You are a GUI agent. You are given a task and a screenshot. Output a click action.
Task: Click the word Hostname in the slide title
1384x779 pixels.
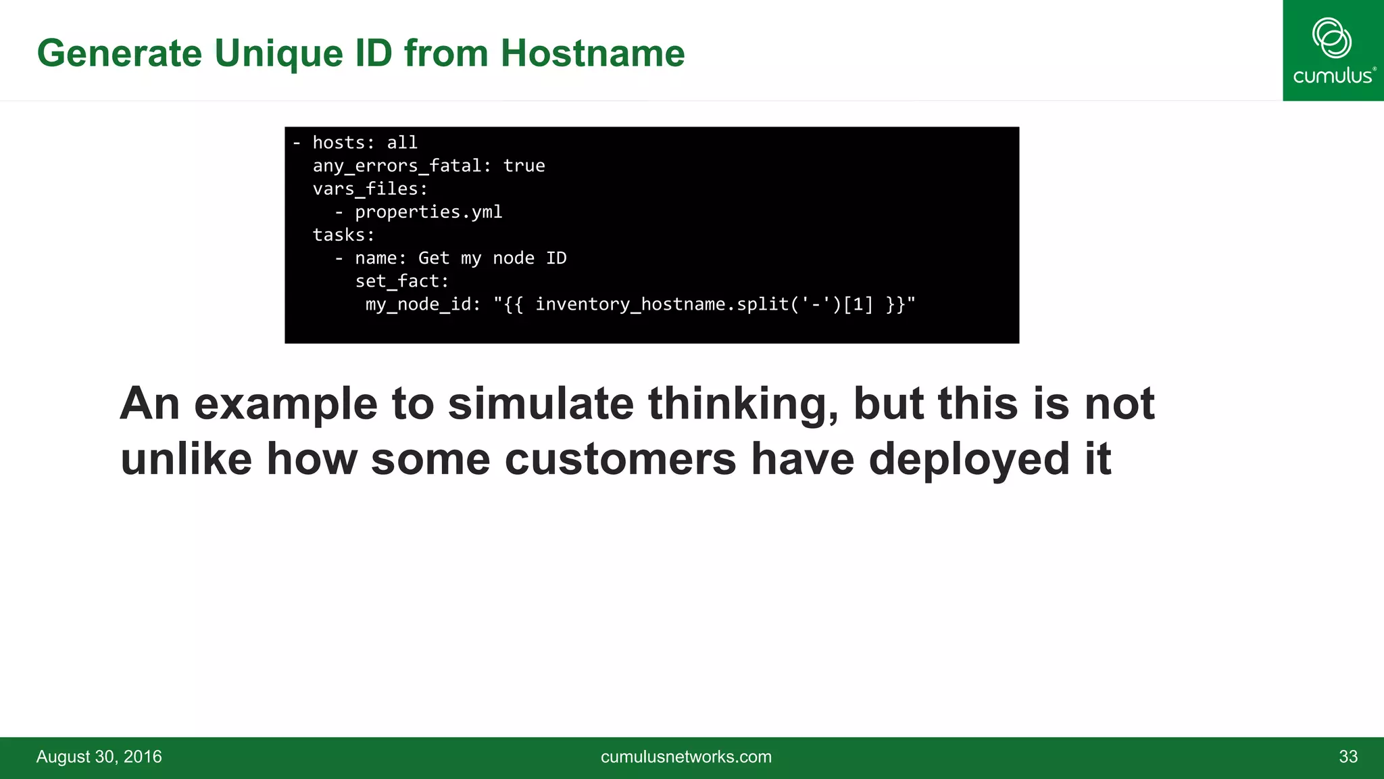pos(592,53)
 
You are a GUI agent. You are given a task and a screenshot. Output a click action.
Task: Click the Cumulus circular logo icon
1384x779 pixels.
pos(1331,38)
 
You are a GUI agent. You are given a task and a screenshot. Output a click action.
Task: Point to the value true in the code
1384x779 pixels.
pos(524,166)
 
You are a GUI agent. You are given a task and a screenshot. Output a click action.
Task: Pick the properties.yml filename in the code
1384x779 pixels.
pos(428,212)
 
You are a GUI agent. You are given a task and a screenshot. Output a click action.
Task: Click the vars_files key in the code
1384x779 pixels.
pos(370,189)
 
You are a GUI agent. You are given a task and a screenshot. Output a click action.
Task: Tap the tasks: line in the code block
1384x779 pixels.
pos(343,235)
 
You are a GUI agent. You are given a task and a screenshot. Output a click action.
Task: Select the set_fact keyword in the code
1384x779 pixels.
pos(401,281)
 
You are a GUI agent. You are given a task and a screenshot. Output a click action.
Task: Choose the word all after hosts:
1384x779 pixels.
pos(402,143)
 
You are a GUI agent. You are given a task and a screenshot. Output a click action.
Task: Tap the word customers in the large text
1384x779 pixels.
pos(620,459)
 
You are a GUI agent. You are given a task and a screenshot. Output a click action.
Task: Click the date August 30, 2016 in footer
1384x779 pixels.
pos(99,757)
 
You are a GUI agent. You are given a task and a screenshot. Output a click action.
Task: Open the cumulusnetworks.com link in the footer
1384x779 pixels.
pos(686,757)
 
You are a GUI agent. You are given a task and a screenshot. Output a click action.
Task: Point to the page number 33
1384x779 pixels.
pos(1348,757)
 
